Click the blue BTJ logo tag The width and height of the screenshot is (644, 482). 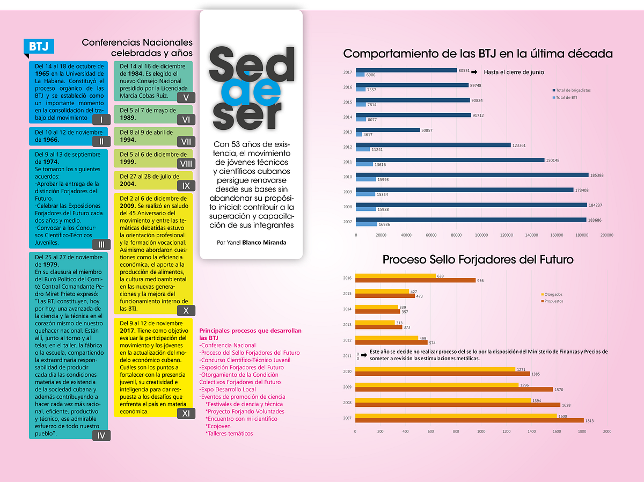[x=39, y=47]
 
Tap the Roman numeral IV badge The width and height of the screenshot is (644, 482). [x=101, y=435]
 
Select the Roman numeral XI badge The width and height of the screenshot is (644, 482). [x=186, y=413]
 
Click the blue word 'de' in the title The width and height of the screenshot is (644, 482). [x=251, y=92]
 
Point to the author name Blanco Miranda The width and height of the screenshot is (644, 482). [x=264, y=243]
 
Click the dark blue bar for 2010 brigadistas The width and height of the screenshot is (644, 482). [x=472, y=175]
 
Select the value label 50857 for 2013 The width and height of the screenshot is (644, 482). [x=427, y=130]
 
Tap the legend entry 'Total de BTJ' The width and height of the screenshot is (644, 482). [x=565, y=97]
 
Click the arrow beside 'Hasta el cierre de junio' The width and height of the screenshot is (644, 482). [x=474, y=72]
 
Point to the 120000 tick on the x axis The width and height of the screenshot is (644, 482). [x=507, y=235]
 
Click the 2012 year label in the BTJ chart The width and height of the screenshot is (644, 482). [x=347, y=147]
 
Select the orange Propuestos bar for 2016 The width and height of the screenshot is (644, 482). [x=415, y=281]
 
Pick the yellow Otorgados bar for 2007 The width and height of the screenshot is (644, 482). [x=456, y=416]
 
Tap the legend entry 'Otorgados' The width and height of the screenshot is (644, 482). [x=552, y=294]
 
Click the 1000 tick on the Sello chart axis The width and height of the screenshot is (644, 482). [x=481, y=431]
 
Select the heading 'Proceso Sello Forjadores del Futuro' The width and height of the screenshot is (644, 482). [x=478, y=259]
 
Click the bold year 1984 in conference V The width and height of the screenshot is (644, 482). [x=135, y=74]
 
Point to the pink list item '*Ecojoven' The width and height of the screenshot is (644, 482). [x=218, y=426]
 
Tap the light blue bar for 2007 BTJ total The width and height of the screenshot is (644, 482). [x=367, y=224]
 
